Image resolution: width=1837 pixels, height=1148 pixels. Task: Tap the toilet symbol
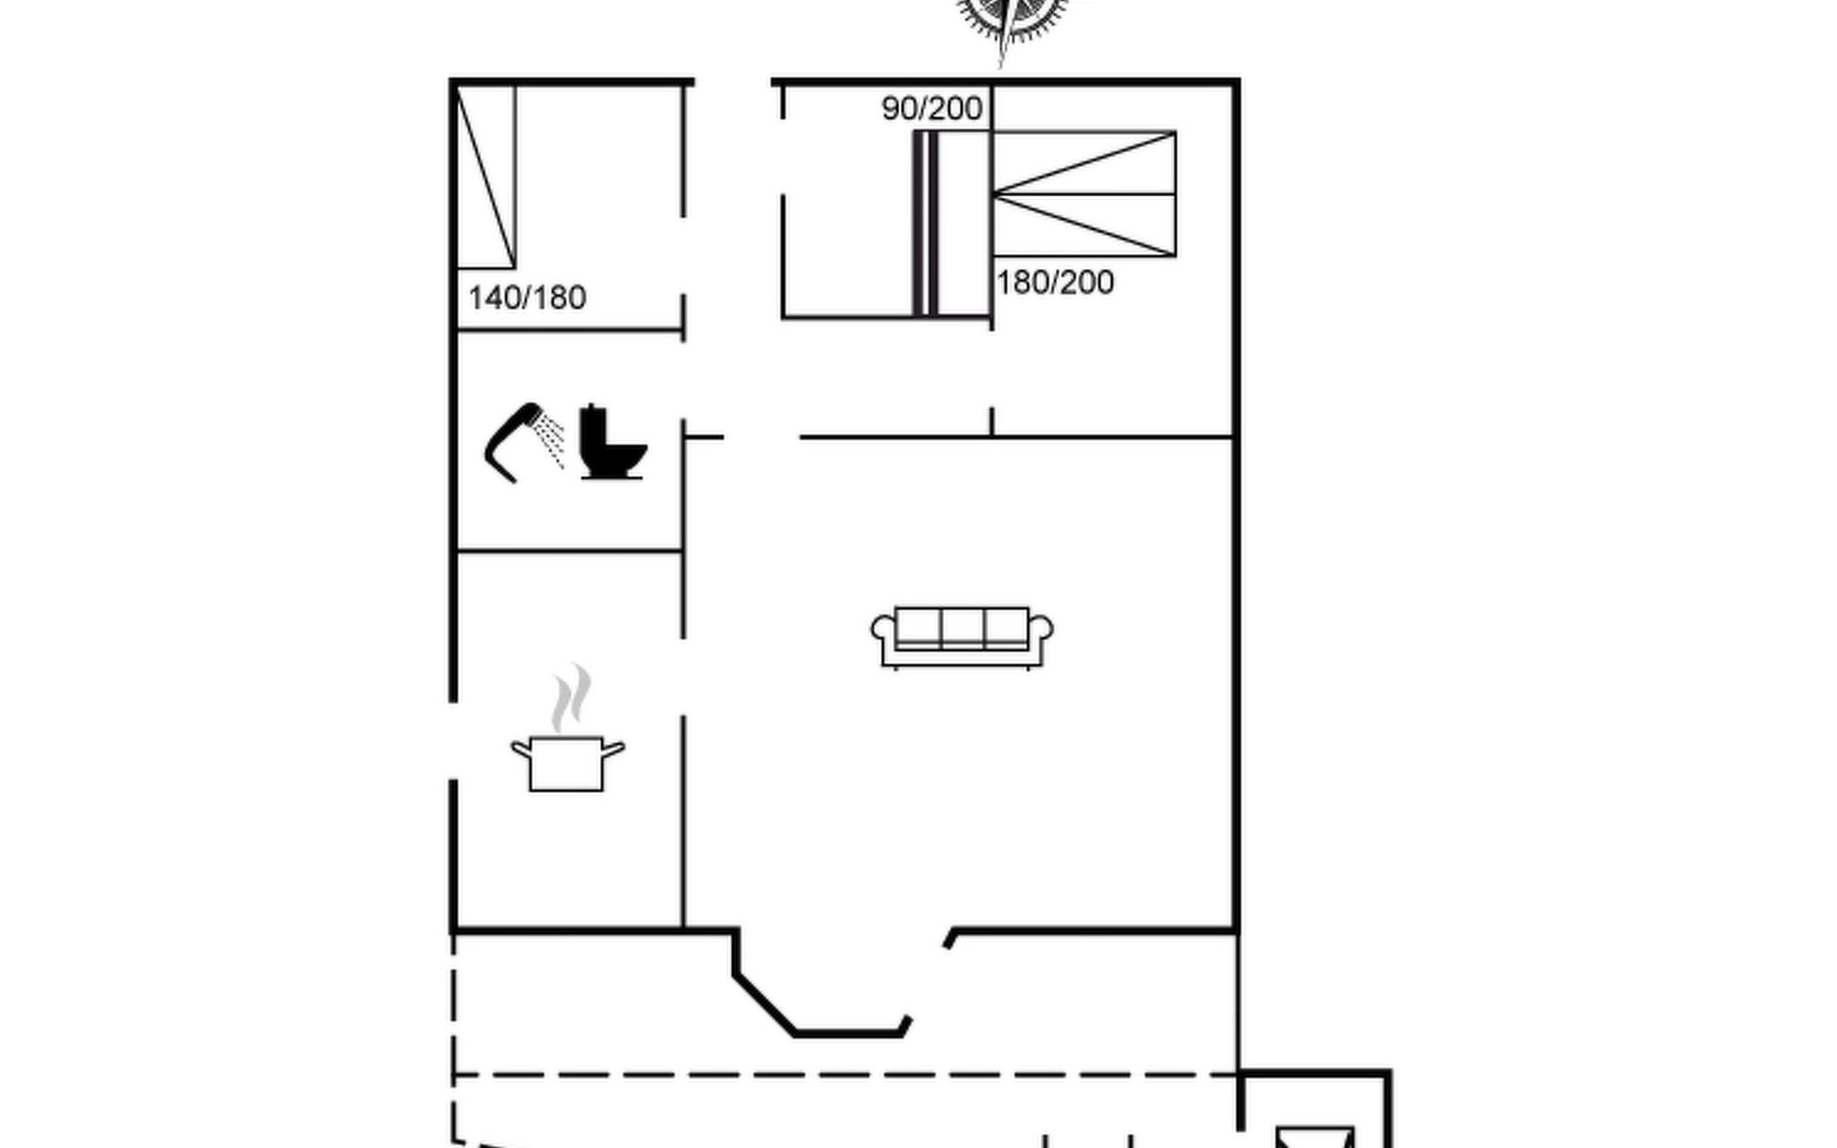coord(612,442)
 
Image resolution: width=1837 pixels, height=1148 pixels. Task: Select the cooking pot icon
coord(567,762)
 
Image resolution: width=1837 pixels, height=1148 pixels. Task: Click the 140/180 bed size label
coord(527,298)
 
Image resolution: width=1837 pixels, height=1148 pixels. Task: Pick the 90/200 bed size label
coord(932,108)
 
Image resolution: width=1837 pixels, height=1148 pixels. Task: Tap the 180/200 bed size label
coord(1055,282)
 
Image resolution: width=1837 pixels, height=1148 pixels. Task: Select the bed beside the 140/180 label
coord(486,177)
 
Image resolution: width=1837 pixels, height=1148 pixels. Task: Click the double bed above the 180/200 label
coord(1084,194)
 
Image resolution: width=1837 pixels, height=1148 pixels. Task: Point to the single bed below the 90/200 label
coord(952,224)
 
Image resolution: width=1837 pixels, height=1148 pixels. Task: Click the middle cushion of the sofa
coord(962,628)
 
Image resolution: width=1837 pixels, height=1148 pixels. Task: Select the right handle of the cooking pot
coord(613,748)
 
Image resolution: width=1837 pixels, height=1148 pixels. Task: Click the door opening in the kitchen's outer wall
coord(453,741)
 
